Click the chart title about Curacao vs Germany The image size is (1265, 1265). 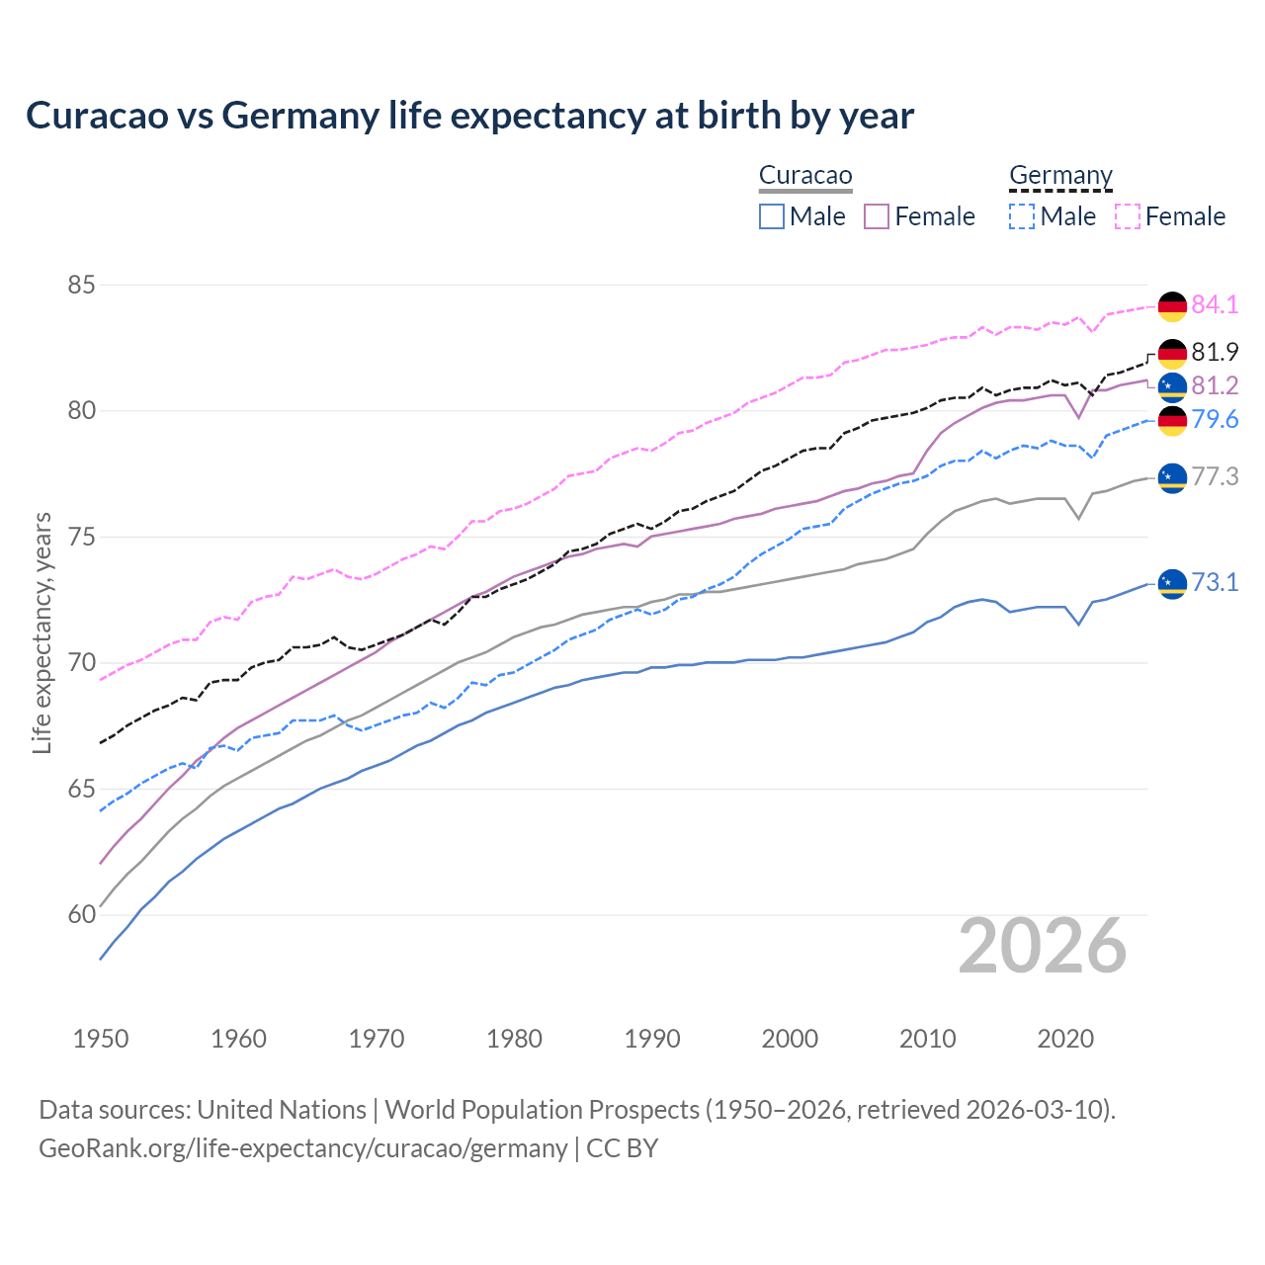click(469, 116)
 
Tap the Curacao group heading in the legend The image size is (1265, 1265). click(804, 176)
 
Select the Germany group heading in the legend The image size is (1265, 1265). click(1060, 176)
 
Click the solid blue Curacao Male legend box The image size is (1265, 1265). click(772, 216)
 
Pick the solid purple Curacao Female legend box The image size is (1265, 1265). click(877, 216)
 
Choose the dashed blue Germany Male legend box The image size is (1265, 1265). click(1022, 216)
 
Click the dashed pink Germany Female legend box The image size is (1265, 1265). click(1128, 216)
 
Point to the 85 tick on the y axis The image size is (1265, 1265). click(81, 286)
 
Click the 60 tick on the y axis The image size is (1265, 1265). click(81, 915)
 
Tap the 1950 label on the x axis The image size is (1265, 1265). click(101, 1039)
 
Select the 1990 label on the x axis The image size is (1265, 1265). click(652, 1039)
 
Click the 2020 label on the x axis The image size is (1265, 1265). click(1065, 1039)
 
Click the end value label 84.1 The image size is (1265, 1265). click(1215, 305)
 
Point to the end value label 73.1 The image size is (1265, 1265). click(1215, 583)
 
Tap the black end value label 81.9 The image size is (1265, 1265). click(1215, 353)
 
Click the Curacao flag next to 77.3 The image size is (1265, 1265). click(1172, 478)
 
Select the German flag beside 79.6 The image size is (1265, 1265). click(1172, 421)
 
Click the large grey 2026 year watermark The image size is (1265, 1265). click(1043, 947)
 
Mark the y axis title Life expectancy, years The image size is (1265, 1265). click(42, 632)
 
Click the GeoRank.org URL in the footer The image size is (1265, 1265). click(302, 1148)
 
